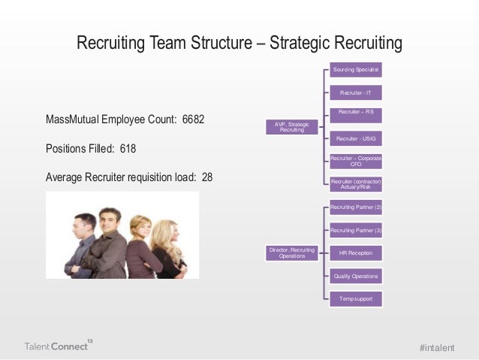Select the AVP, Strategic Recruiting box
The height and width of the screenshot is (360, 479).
click(292, 127)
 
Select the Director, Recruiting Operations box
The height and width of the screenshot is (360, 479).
click(292, 253)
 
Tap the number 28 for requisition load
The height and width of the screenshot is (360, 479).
click(206, 178)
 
